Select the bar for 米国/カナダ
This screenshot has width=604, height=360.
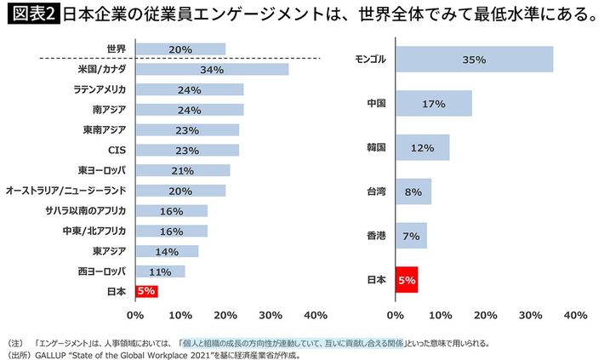(211, 69)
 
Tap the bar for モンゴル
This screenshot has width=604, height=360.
(473, 60)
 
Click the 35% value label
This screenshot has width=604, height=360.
(474, 60)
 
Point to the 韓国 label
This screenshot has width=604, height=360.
(376, 147)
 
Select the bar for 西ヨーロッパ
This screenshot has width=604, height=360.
(160, 271)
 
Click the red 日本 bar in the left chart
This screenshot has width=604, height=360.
(146, 291)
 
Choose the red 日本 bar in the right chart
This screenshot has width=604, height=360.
(406, 279)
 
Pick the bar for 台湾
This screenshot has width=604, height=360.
(413, 191)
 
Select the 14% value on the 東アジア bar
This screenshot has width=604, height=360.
(166, 251)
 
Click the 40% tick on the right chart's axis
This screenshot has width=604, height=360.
(575, 315)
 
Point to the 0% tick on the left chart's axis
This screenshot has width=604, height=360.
(135, 315)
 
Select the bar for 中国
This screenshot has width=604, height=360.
(433, 104)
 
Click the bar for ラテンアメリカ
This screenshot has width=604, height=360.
(189, 89)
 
